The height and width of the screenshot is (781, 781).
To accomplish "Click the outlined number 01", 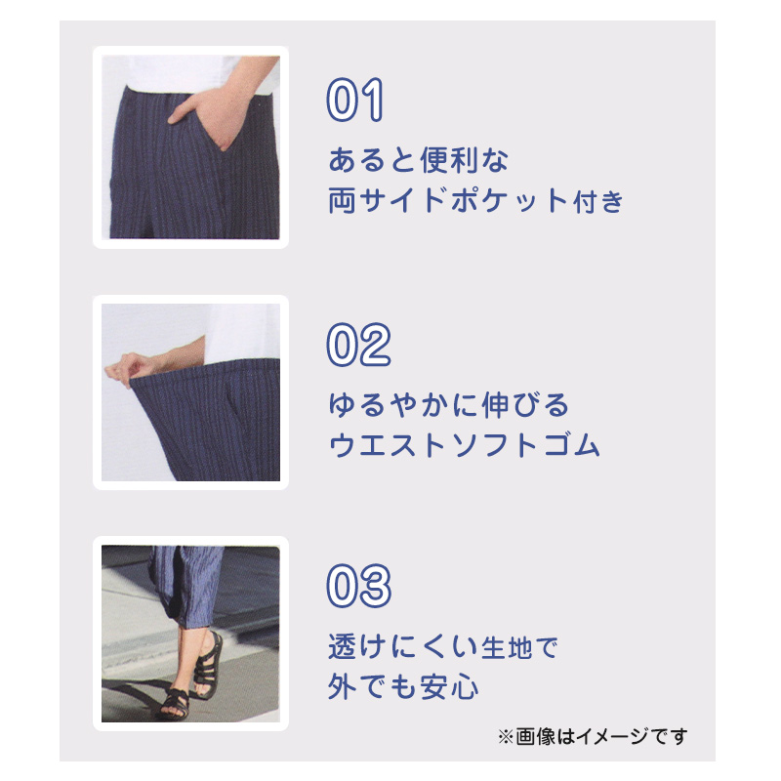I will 355,101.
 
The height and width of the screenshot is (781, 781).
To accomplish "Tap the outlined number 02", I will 357,344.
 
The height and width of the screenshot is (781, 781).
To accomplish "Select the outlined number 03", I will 357,587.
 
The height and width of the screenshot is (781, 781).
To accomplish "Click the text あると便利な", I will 419,158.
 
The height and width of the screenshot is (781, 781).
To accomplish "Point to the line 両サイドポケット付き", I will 475,202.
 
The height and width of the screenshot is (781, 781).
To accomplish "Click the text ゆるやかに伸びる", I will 447,403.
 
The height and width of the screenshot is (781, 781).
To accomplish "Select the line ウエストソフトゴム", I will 464,446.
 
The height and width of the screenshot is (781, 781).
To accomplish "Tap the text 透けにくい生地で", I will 442,646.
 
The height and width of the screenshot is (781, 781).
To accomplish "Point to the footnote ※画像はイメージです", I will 593,735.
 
